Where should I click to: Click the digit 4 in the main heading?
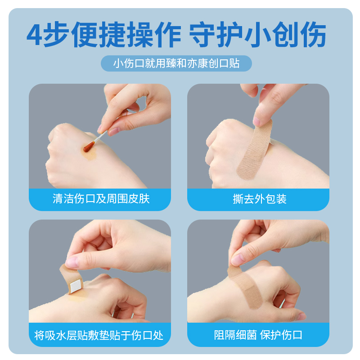pyautogui.click(x=35, y=35)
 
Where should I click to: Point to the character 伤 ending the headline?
pyautogui.click(x=313, y=35)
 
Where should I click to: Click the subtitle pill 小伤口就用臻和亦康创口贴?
pyautogui.click(x=176, y=63)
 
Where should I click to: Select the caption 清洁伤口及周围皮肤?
pyautogui.click(x=101, y=199)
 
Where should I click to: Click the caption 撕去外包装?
pyautogui.click(x=260, y=199)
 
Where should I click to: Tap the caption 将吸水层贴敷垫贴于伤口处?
pyautogui.click(x=99, y=335)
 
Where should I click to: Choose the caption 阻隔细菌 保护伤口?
pyautogui.click(x=258, y=335)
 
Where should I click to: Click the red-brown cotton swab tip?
pyautogui.click(x=89, y=147)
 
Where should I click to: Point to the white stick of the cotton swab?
pyautogui.click(x=100, y=136)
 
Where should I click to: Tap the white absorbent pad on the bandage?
pyautogui.click(x=76, y=286)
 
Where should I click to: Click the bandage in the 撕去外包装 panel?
pyautogui.click(x=255, y=149)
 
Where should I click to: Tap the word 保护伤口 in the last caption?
pyautogui.click(x=281, y=335)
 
